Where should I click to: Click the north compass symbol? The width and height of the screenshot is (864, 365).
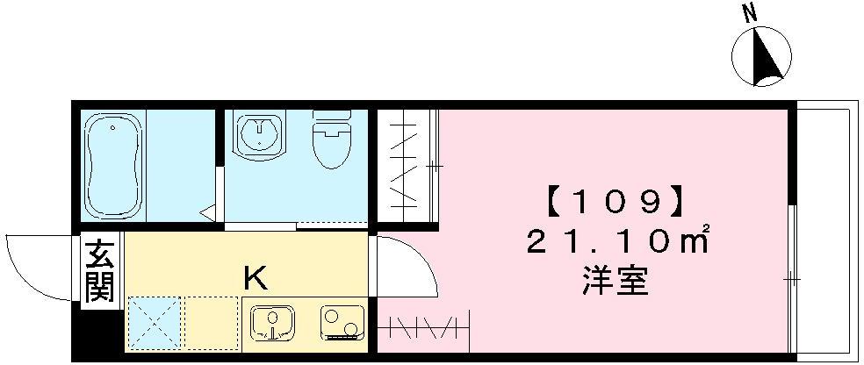(761, 56)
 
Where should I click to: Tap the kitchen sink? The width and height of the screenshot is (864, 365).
(273, 324)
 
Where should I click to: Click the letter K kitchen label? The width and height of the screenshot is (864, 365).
(256, 279)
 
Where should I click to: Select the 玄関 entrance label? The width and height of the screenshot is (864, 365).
(100, 270)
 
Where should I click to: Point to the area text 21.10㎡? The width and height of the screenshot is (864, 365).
(617, 241)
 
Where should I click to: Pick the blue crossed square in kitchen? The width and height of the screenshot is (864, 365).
(155, 323)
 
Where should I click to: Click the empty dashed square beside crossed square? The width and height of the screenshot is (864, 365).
(213, 323)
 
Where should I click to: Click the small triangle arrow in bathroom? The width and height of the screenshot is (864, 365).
(208, 212)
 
